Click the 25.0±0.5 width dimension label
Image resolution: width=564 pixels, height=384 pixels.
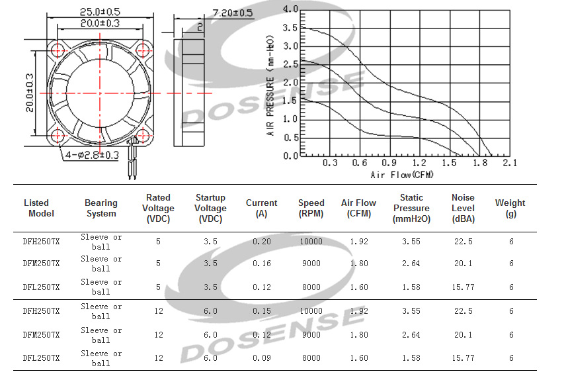(100, 11)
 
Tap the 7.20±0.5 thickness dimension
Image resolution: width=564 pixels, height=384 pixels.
(233, 13)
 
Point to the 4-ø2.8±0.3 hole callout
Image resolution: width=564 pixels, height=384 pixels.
(92, 156)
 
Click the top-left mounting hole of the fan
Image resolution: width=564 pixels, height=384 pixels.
(58, 50)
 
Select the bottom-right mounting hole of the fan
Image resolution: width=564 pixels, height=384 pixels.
(143, 136)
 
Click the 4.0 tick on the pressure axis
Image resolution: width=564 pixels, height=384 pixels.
(290, 9)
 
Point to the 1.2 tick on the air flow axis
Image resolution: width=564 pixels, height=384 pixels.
(419, 163)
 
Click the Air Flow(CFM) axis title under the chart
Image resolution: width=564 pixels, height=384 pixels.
(402, 175)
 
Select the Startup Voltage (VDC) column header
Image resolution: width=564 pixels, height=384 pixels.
(210, 208)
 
